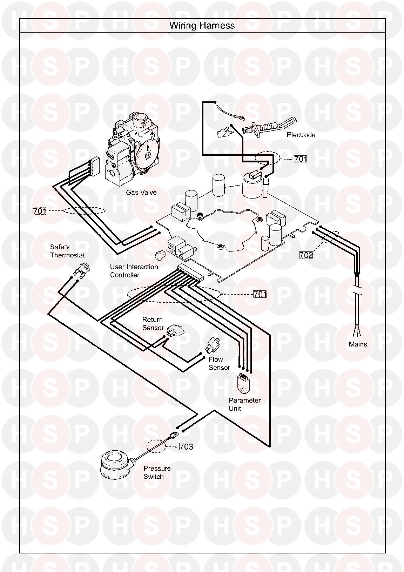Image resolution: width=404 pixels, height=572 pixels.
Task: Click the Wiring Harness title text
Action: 202,26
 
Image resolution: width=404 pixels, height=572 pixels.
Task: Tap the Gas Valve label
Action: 141,192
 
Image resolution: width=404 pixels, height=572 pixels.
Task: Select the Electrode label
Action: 301,135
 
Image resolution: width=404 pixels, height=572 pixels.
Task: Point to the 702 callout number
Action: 306,255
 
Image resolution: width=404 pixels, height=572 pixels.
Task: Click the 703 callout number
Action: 186,446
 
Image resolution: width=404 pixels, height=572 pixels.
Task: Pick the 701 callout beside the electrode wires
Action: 300,159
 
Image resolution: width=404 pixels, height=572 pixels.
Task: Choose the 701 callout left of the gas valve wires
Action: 40,211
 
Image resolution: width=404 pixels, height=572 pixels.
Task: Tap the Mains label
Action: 358,344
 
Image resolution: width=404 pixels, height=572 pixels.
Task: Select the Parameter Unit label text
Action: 244,404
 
